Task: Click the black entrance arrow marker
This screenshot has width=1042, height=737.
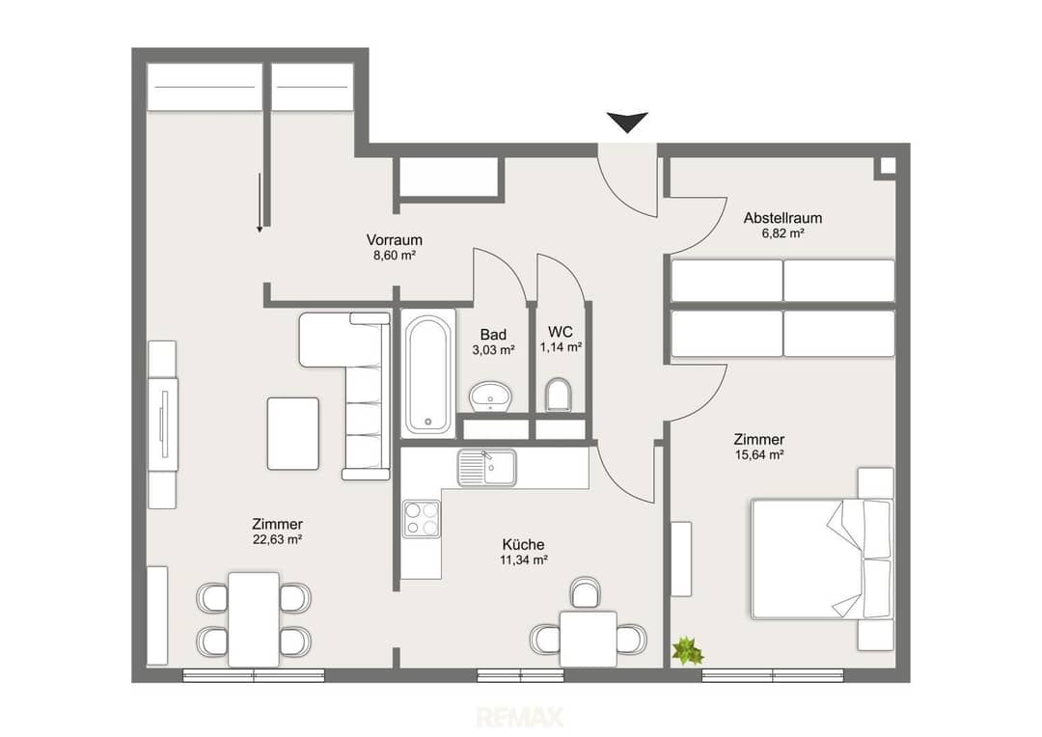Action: (627, 122)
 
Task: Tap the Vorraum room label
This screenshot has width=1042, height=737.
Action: (394, 240)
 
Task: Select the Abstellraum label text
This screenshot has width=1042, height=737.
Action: (782, 218)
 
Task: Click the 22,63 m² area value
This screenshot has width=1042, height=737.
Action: (277, 539)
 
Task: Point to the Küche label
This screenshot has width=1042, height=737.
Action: (523, 545)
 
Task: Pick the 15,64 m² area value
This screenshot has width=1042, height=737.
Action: (758, 455)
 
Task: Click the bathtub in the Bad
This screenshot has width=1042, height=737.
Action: (428, 373)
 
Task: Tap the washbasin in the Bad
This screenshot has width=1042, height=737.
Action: (490, 396)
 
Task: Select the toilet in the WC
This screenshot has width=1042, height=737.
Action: (558, 396)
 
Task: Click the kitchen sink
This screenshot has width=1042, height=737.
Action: (486, 467)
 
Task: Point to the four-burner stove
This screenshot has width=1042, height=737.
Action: (422, 519)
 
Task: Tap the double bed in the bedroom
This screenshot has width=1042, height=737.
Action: (822, 559)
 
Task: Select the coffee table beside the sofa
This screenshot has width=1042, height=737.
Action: (293, 433)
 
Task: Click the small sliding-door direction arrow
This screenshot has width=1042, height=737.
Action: (260, 203)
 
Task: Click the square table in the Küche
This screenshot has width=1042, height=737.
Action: (589, 639)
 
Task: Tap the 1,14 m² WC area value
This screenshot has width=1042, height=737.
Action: (561, 347)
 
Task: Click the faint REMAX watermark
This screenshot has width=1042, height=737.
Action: (520, 717)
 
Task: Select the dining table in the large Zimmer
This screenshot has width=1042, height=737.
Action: (254, 619)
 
